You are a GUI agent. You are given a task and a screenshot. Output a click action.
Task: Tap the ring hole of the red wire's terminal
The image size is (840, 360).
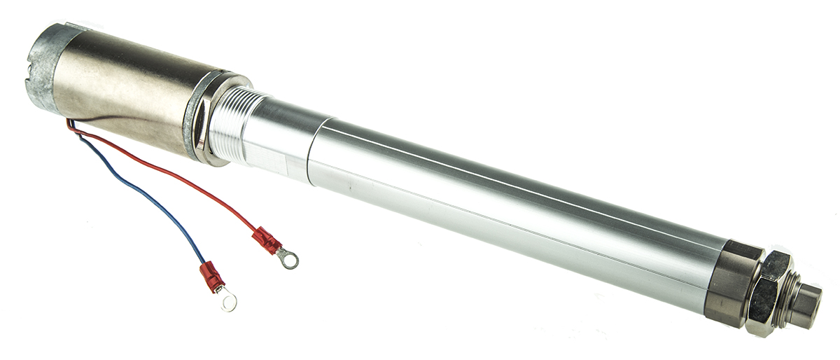tap(288, 260)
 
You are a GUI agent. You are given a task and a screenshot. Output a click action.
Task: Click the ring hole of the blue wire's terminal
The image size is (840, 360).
tap(226, 302)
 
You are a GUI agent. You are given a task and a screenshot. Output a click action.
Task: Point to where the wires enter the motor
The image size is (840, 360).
tap(70, 126)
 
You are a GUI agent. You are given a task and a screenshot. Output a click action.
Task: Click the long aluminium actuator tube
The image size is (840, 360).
tap(504, 203)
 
